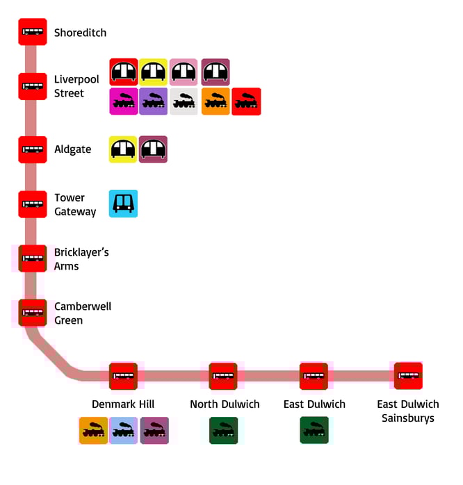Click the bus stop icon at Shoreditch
pos(33,32)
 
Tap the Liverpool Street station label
pos(76,87)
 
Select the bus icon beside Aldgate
pos(33,149)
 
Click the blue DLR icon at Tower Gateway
pos(123,204)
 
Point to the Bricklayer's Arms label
pos(81,259)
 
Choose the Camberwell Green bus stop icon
pos(33,313)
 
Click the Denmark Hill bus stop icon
pos(123,376)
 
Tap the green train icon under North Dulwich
pos(224,431)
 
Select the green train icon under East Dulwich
pos(314,431)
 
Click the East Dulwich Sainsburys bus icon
pos(408,376)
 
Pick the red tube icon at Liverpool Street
pos(124,72)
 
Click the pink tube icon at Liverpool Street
pos(184,72)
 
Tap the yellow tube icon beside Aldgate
pos(123,149)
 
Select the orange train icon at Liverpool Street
pos(216,101)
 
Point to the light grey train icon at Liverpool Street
pos(184,101)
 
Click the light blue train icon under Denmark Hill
pos(124,431)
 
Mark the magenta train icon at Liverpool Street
pos(124,101)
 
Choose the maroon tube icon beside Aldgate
pos(154,149)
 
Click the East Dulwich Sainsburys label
pos(408,411)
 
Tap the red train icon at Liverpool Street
pos(246,101)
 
